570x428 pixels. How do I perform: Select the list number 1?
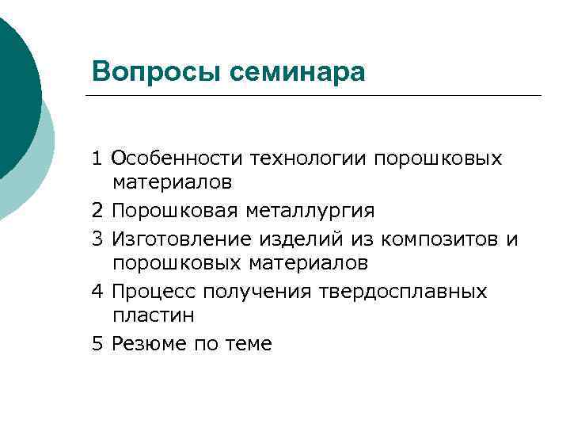click(97, 158)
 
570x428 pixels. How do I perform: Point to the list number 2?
click(97, 211)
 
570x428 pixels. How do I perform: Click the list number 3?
click(97, 238)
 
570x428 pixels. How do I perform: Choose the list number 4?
click(97, 291)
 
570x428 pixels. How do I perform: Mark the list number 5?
click(97, 343)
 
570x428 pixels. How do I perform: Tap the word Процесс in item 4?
click(154, 291)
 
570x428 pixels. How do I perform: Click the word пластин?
click(153, 315)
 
